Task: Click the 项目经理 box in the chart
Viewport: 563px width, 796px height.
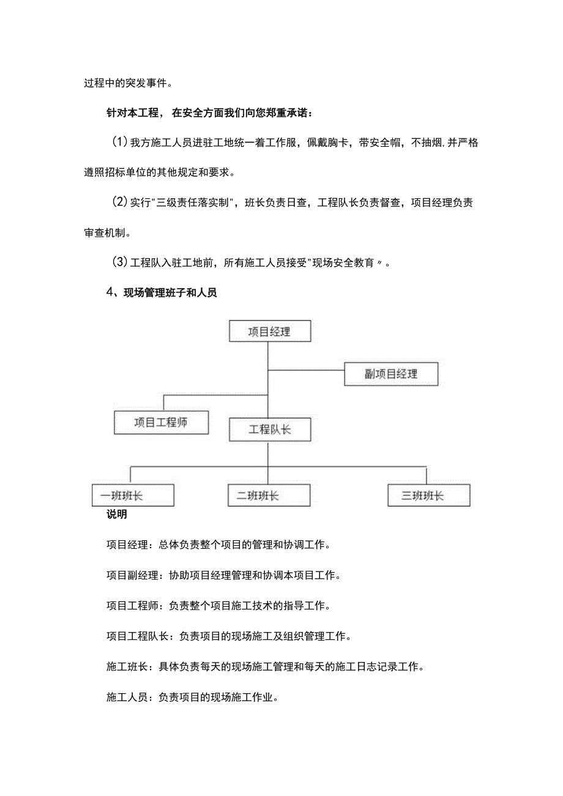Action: pyautogui.click(x=269, y=332)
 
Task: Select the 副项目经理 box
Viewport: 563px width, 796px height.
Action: pyautogui.click(x=391, y=374)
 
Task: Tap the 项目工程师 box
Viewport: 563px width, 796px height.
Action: pyautogui.click(x=162, y=422)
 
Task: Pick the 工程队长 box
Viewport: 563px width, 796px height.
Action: pyautogui.click(x=269, y=430)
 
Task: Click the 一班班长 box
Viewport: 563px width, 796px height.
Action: pyautogui.click(x=133, y=495)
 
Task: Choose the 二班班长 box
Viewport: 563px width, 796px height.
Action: pyautogui.click(x=269, y=495)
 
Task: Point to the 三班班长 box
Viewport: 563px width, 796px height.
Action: pyautogui.click(x=428, y=495)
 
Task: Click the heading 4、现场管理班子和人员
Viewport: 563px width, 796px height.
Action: pyautogui.click(x=162, y=293)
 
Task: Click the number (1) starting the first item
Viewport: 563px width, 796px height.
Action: pyautogui.click(x=119, y=143)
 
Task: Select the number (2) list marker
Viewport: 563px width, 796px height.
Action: pyautogui.click(x=119, y=203)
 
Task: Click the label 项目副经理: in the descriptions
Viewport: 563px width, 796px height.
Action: pyautogui.click(x=132, y=575)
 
